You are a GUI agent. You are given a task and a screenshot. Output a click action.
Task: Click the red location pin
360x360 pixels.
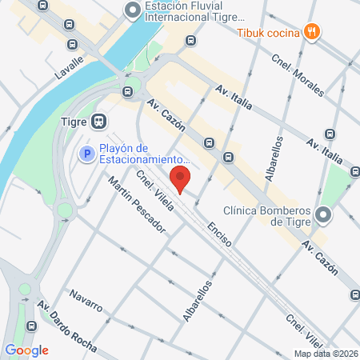coord(181,179)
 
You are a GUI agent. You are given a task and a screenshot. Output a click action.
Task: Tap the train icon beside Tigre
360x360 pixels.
coord(99,122)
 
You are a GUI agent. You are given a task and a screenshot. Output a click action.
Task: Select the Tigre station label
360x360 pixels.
coord(74,122)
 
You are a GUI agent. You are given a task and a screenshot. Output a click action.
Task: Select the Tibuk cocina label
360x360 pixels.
coord(267,32)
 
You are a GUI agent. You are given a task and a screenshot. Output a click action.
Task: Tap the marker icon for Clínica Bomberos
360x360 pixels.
coord(323,215)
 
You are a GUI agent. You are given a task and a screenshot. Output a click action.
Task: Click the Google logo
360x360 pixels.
coord(27,350)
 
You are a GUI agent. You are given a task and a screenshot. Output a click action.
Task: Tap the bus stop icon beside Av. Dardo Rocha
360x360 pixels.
coord(31,326)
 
